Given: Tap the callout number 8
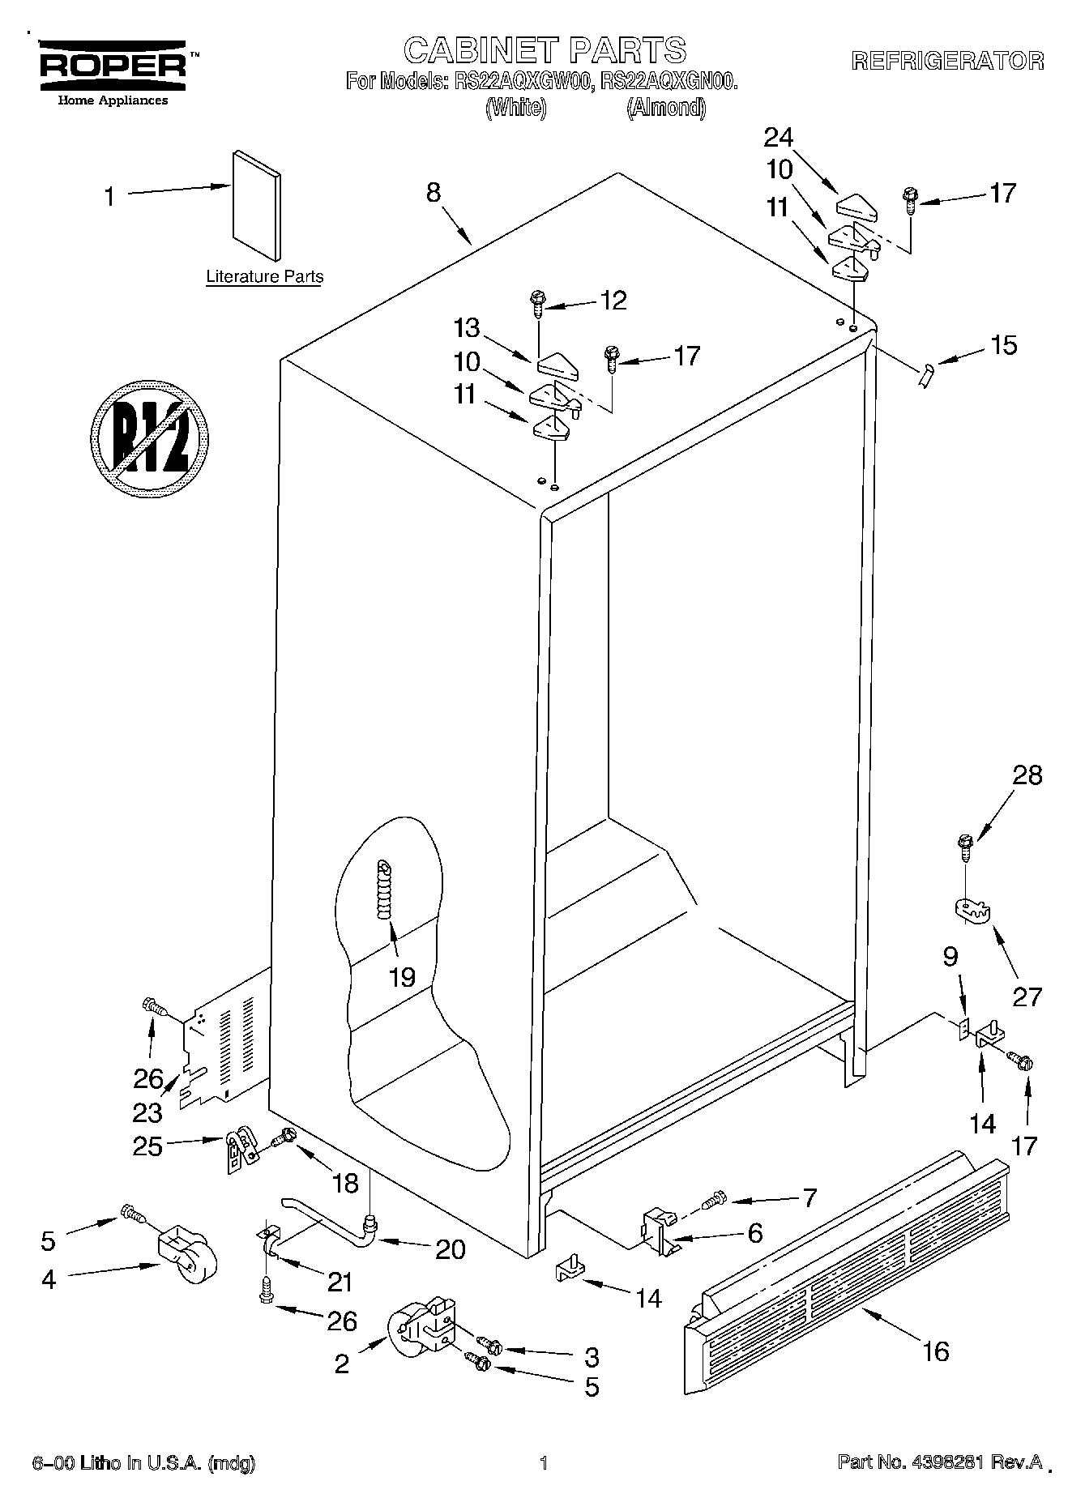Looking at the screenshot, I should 434,192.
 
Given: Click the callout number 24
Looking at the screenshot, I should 779,138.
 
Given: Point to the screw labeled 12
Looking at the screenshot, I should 537,303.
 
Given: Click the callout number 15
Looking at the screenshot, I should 1003,345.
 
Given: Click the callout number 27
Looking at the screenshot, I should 1027,996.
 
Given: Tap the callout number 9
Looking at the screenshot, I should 950,958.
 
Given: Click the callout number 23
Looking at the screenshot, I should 147,1112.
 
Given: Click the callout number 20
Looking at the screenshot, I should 450,1250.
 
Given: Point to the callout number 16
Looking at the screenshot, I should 935,1351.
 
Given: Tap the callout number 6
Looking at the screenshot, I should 754,1233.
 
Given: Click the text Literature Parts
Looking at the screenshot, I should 264,277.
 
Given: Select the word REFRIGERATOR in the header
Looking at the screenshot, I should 946,61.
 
